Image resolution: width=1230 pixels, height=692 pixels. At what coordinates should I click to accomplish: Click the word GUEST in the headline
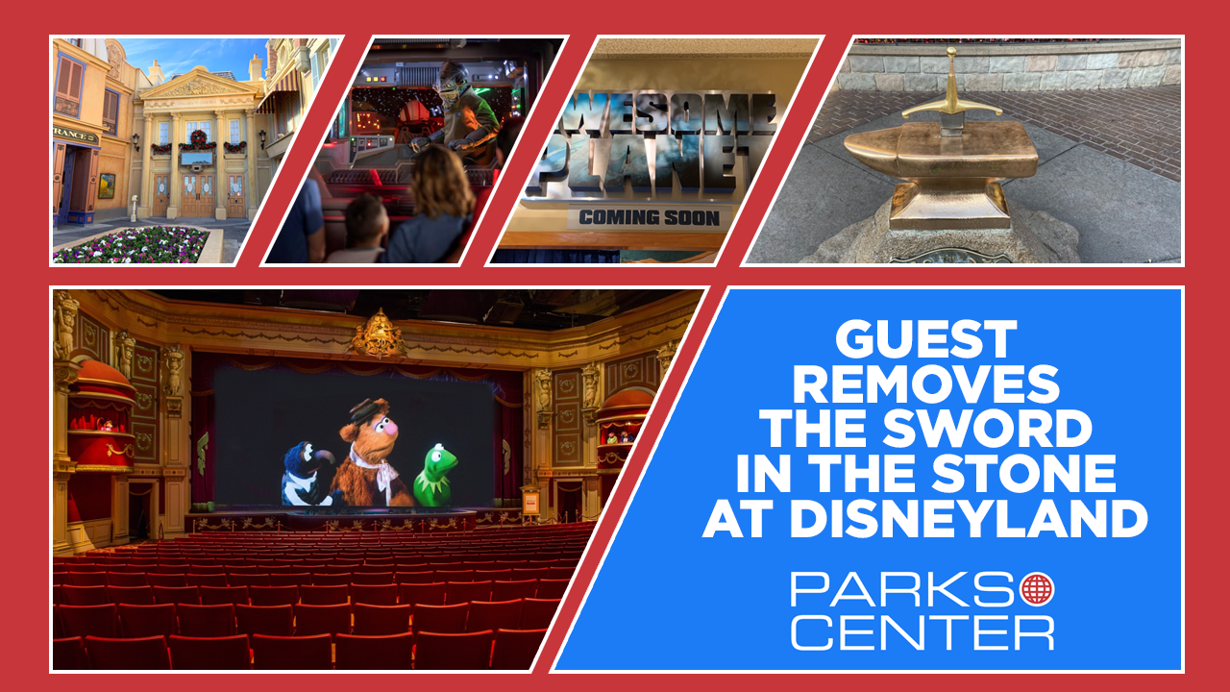925,339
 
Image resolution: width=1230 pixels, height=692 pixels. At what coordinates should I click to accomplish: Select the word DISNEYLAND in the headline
970,518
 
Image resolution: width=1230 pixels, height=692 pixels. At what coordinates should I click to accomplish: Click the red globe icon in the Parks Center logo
1037,589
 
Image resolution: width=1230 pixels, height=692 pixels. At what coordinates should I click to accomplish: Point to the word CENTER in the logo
922,632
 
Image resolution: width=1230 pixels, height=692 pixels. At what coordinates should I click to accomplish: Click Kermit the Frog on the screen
435,476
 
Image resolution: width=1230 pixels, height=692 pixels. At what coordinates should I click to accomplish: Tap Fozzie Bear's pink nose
389,428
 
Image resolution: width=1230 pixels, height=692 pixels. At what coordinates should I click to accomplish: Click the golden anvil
942,171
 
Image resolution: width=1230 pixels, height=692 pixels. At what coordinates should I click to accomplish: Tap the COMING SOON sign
649,217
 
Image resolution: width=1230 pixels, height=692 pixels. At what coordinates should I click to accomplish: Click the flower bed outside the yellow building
132,245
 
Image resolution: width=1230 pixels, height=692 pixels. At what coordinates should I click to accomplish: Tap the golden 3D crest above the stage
380,334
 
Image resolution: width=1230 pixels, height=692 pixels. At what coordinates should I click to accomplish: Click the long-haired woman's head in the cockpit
442,182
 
